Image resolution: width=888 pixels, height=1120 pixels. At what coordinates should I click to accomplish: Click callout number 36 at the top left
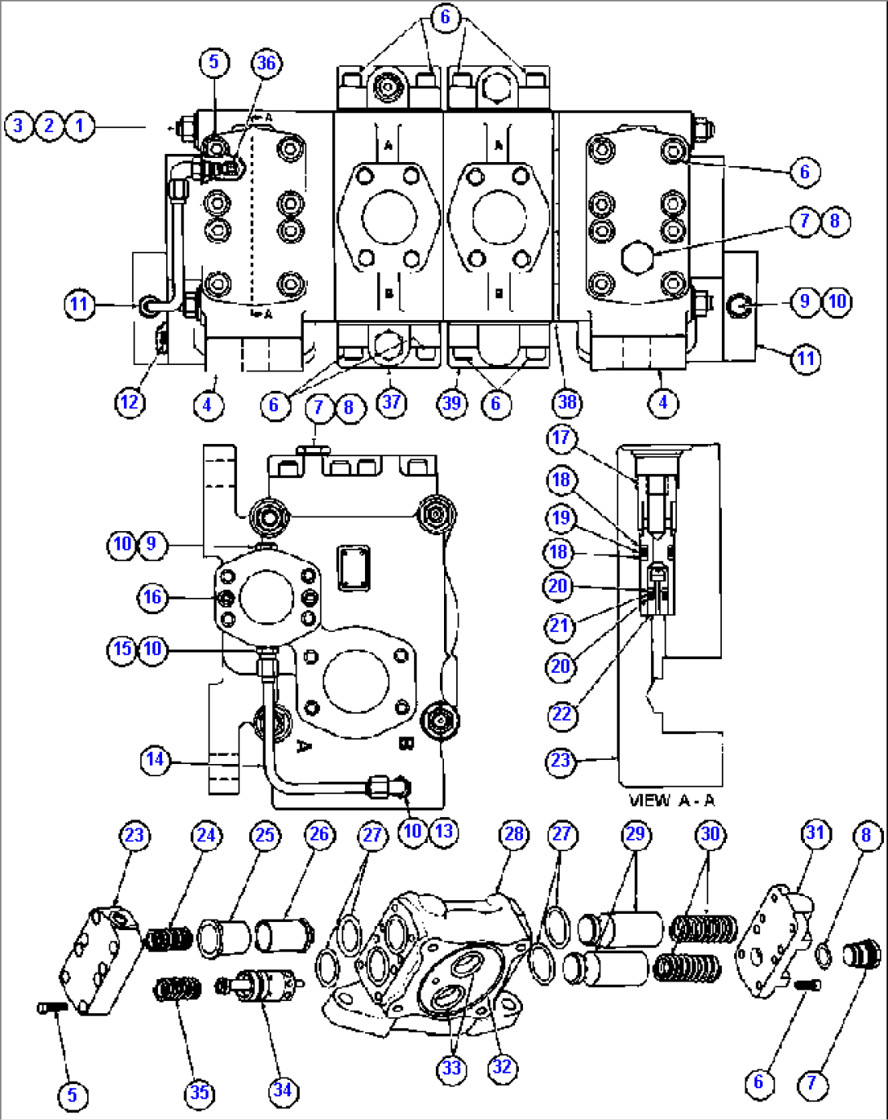click(x=266, y=64)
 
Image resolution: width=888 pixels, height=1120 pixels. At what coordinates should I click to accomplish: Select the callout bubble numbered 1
click(x=80, y=125)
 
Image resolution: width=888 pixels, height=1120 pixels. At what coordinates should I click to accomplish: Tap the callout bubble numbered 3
click(x=19, y=125)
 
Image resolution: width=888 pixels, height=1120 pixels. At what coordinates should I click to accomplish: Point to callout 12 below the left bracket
click(x=130, y=402)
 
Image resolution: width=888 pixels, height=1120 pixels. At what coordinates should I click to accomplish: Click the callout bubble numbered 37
click(x=392, y=402)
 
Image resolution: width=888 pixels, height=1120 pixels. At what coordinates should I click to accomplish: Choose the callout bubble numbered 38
click(x=568, y=402)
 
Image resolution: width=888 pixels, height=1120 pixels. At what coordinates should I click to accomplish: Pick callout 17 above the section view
click(x=560, y=437)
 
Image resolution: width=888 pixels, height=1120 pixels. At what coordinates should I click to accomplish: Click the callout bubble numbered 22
click(x=562, y=714)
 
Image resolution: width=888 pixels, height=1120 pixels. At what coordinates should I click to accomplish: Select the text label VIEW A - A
click(x=671, y=800)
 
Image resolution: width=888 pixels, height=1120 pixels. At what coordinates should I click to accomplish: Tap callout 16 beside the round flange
click(x=152, y=597)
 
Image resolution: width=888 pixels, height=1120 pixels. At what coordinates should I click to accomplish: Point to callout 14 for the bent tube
click(x=155, y=760)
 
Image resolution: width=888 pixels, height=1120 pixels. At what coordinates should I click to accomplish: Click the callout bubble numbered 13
click(x=443, y=831)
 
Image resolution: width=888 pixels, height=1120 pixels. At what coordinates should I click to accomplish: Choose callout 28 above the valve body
click(x=513, y=834)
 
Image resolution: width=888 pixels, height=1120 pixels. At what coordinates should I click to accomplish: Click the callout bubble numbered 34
click(x=283, y=1090)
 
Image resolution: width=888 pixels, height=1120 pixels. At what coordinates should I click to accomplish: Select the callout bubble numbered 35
click(x=200, y=1092)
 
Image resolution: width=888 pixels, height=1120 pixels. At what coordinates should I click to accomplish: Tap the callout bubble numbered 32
click(x=503, y=1067)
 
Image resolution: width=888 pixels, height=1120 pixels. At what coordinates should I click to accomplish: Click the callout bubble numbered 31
click(x=815, y=833)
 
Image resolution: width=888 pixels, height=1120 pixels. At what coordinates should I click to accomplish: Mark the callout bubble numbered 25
click(x=266, y=835)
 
